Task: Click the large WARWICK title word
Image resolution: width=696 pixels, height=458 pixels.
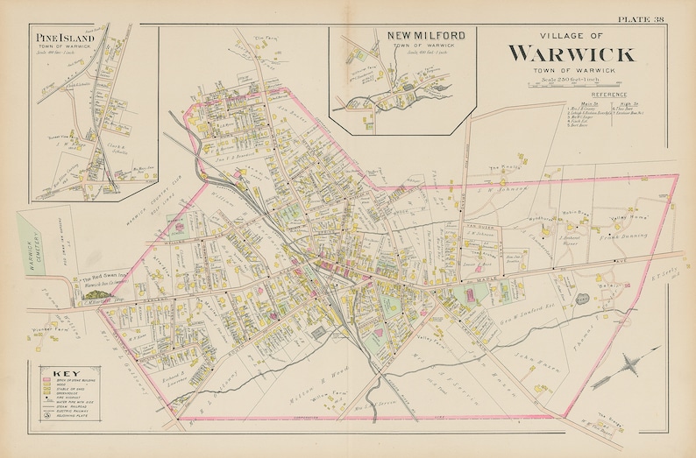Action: click(x=571, y=53)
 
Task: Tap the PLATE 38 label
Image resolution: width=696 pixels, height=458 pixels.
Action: click(x=641, y=19)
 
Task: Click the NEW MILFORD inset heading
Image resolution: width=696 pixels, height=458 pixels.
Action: click(x=425, y=36)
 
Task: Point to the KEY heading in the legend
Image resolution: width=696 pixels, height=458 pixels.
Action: click(x=53, y=371)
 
